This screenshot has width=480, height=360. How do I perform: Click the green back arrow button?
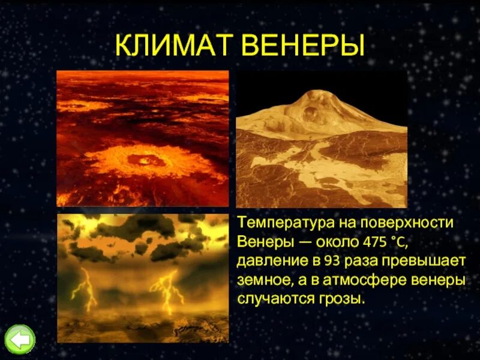pos(20,340)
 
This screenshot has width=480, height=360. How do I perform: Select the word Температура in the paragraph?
pos(280,223)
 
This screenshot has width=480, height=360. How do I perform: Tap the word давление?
pos(266,261)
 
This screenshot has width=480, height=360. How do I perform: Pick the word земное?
pos(262,280)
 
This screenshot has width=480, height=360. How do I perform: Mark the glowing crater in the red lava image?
pos(145,160)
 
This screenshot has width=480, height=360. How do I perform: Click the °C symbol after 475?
pos(397,242)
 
